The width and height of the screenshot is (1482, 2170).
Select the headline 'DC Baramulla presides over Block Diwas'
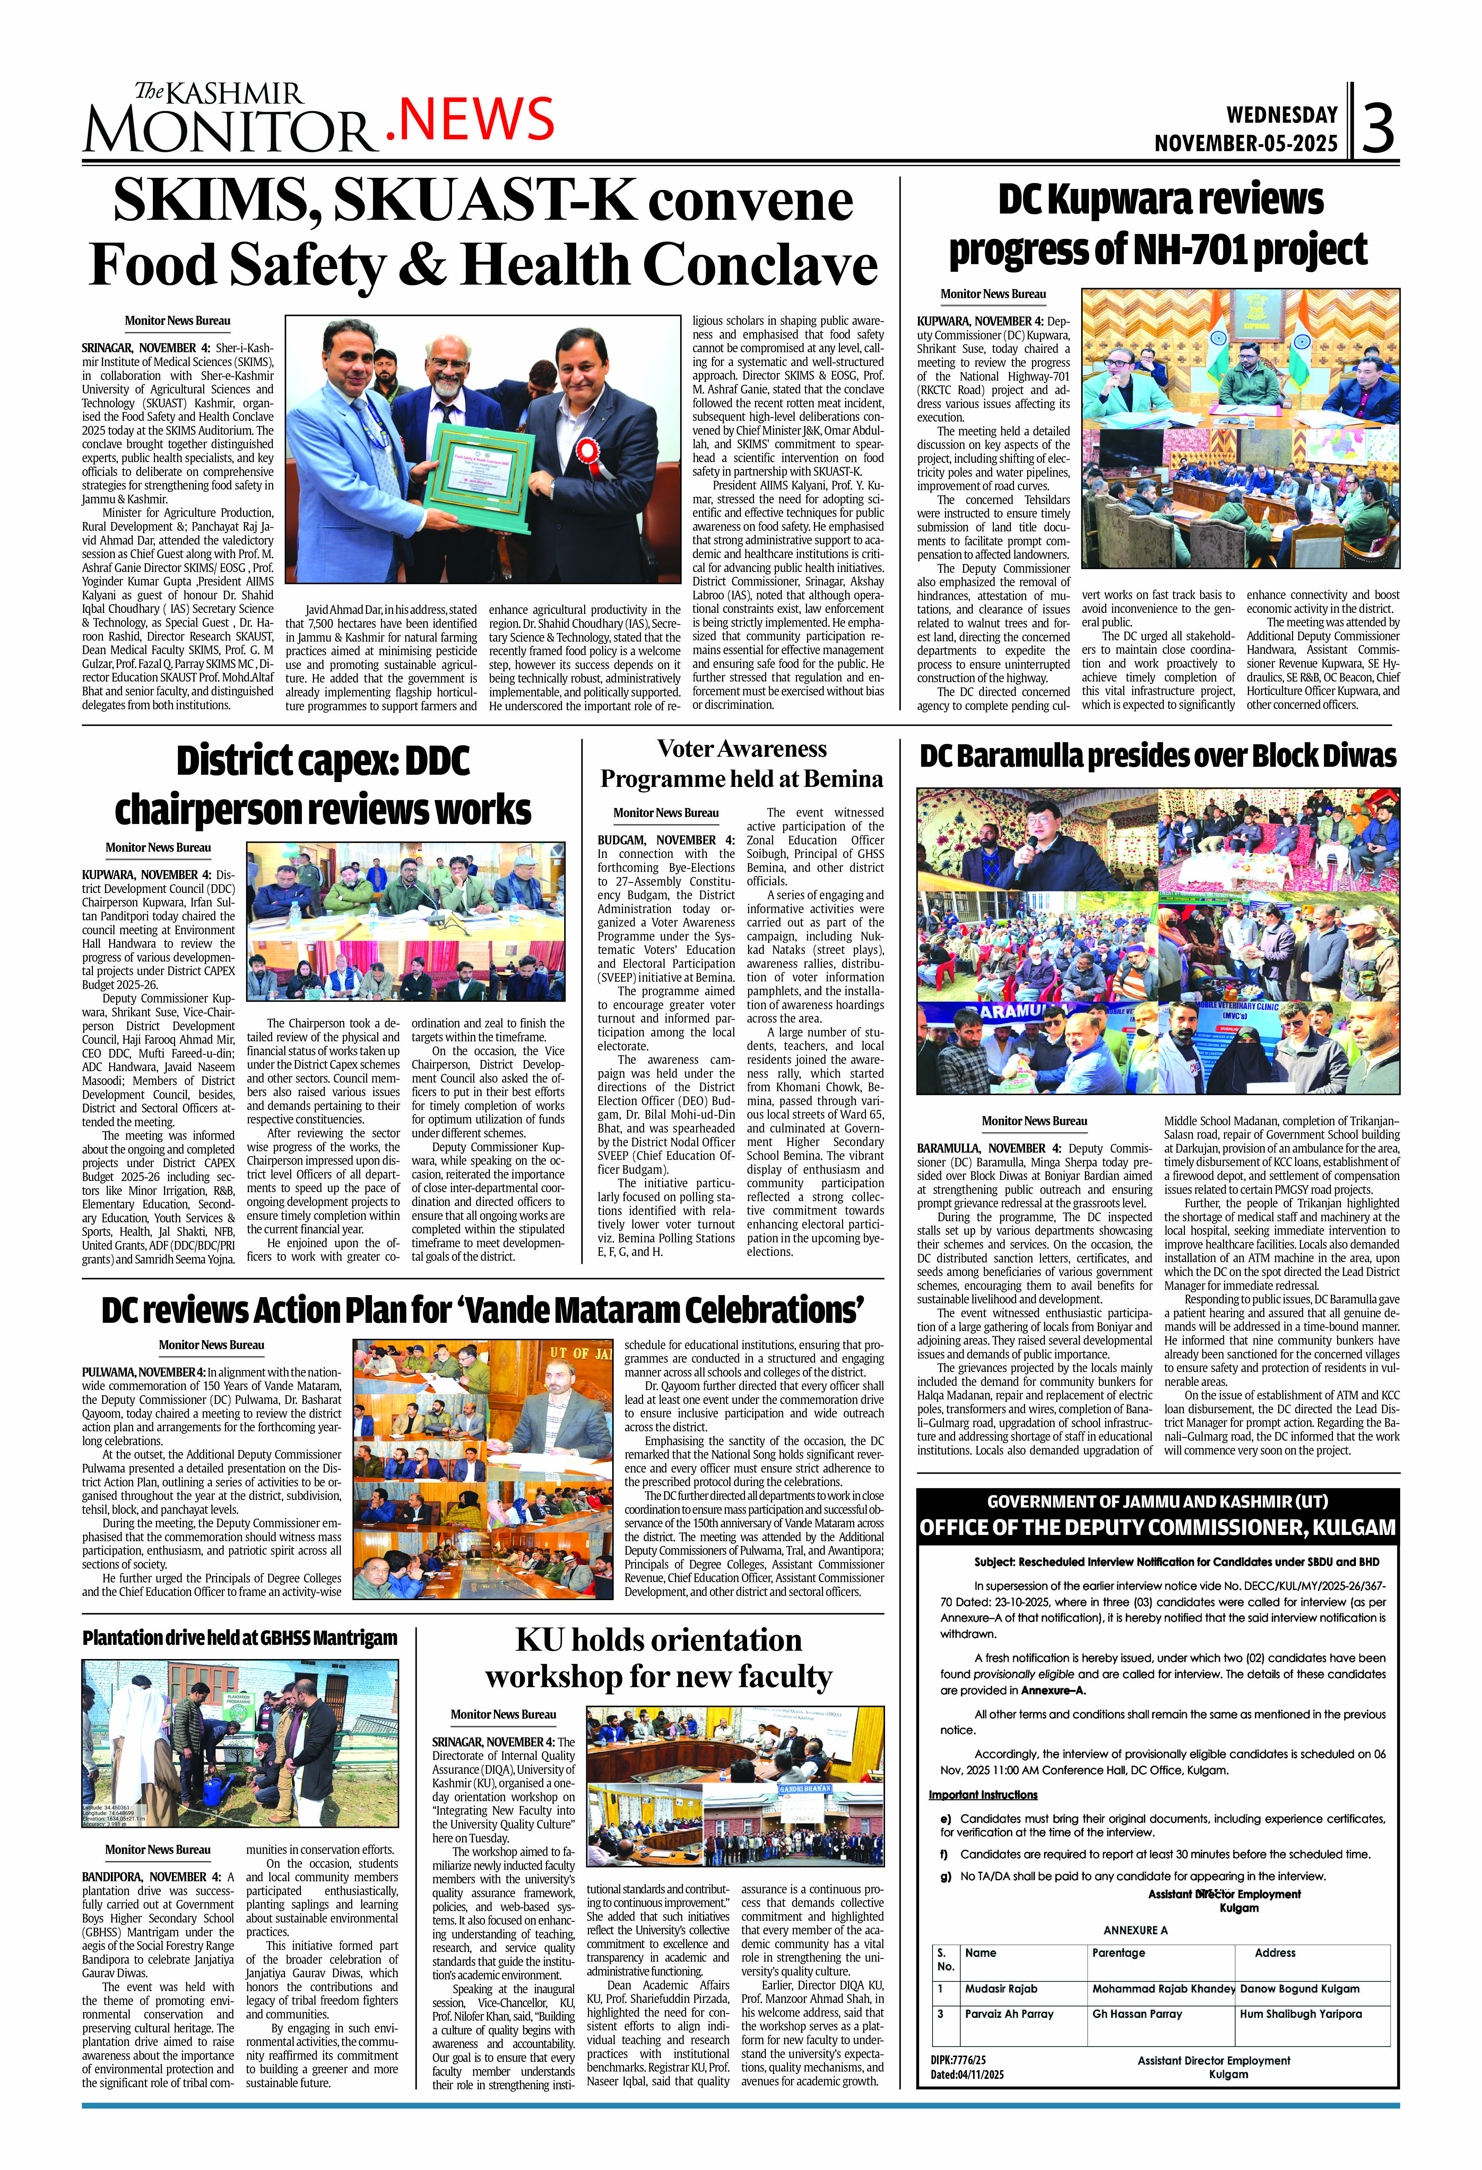(x=1158, y=756)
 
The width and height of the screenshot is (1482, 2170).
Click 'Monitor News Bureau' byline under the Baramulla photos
(x=1034, y=1120)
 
